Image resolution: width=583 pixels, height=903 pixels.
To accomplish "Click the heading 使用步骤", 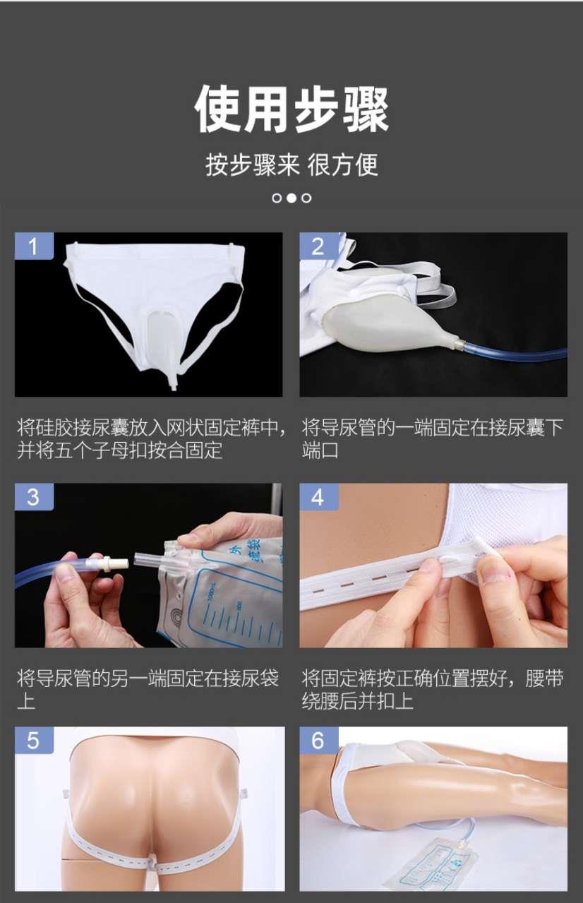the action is (x=291, y=109).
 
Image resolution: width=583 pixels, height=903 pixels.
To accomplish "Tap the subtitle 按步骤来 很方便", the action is (x=291, y=165).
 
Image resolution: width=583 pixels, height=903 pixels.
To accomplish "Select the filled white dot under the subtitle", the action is (x=291, y=198).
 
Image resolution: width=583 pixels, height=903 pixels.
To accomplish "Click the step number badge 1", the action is (x=34, y=246).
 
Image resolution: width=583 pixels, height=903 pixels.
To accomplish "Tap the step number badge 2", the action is (x=318, y=246).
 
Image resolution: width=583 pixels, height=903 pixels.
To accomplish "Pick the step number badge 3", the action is (x=34, y=496).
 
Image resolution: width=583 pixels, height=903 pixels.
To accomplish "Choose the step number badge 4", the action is (x=318, y=496).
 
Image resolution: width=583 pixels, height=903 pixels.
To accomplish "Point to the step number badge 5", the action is (x=34, y=741).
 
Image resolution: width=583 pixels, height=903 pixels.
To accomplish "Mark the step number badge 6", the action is (x=318, y=741).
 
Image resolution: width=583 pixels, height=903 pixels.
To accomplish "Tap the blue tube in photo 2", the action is (x=516, y=352).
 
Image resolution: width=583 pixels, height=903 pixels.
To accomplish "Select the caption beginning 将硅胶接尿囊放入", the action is (x=152, y=439).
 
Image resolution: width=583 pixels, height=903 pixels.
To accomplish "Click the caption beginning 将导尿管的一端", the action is (x=433, y=439).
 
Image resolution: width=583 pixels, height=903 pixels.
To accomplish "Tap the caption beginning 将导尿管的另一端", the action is (x=148, y=690).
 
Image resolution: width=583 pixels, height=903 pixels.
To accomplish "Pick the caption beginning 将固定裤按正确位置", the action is (x=433, y=690).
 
